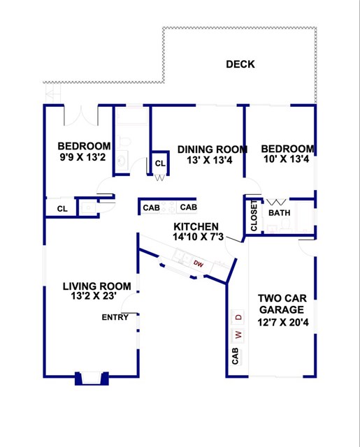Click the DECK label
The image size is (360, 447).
tap(240, 64)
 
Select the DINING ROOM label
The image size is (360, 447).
tap(212, 149)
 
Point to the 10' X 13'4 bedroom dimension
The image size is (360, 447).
tap(287, 160)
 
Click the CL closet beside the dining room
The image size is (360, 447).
tap(160, 163)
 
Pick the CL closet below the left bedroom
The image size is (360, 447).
tap(62, 208)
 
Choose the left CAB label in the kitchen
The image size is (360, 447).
tap(151, 207)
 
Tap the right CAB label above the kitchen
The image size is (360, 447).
tap(188, 207)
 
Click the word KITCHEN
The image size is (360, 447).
tap(196, 227)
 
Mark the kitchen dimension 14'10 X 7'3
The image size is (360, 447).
tap(198, 237)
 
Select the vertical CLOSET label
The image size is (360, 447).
tap(254, 216)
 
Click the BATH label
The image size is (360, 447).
tap(280, 213)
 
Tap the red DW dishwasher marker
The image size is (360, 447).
tap(199, 264)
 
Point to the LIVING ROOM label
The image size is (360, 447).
tap(96, 286)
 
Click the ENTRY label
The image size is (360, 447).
tap(115, 317)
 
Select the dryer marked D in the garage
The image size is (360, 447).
tap(238, 317)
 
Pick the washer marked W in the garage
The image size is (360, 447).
tap(238, 334)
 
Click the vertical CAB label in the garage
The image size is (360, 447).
tap(235, 357)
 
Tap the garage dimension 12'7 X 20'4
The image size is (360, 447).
tap(281, 322)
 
